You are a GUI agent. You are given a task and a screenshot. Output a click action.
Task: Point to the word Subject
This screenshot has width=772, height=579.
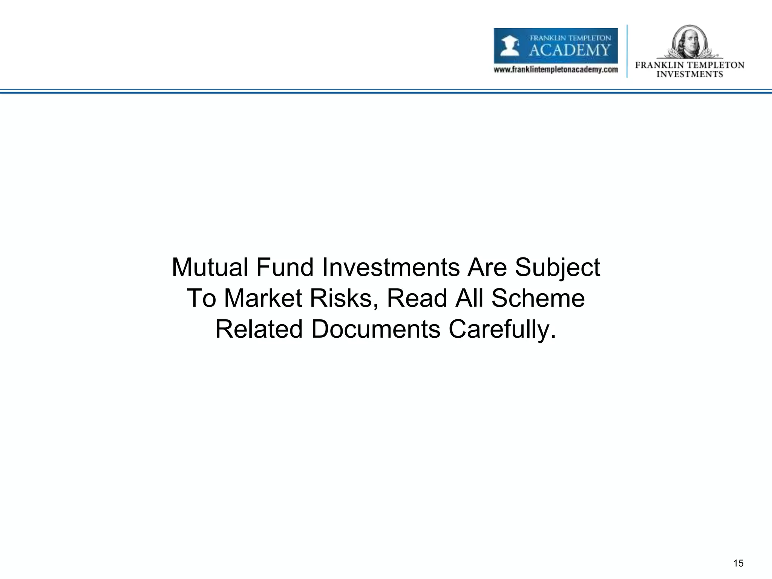pyautogui.click(x=558, y=268)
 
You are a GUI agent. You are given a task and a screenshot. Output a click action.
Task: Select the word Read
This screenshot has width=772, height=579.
pyautogui.click(x=418, y=299)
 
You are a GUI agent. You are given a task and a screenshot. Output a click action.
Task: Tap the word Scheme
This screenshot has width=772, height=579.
pyautogui.click(x=538, y=299)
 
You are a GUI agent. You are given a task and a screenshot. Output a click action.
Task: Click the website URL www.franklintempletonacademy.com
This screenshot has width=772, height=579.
pyautogui.click(x=556, y=70)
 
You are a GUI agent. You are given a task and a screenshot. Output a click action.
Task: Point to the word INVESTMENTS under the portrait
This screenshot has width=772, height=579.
pyautogui.click(x=689, y=74)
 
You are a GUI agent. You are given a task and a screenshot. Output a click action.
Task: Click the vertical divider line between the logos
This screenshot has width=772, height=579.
pyautogui.click(x=627, y=51)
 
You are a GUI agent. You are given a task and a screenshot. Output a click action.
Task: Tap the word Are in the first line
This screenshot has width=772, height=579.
pyautogui.click(x=487, y=268)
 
